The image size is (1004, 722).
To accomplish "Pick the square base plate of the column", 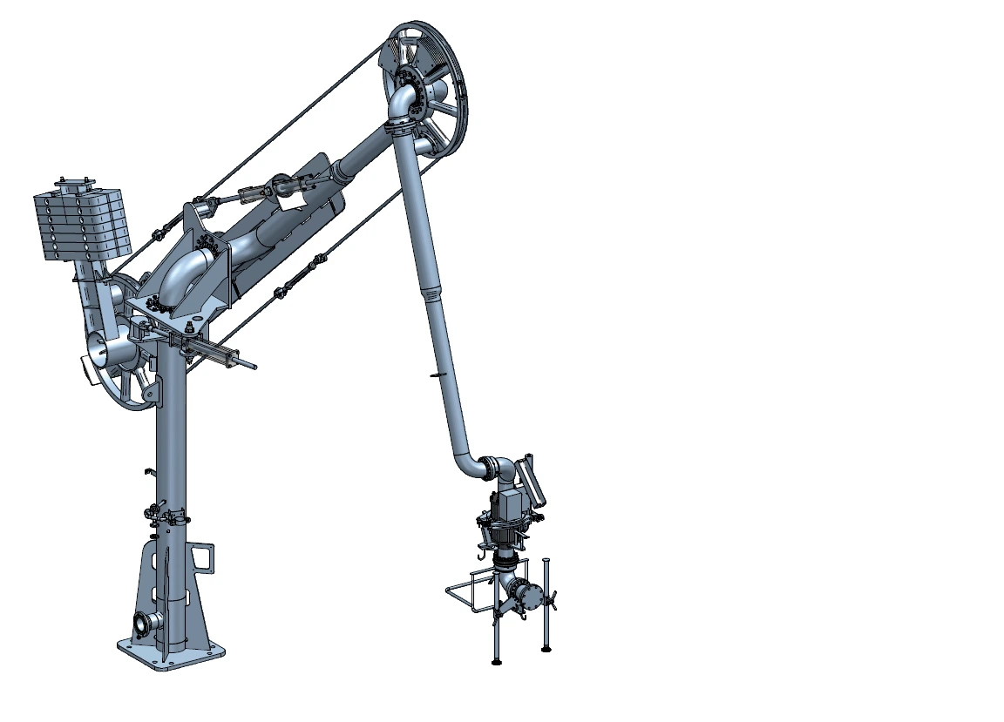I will click(170, 653).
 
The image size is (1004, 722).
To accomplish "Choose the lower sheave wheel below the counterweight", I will click(122, 357).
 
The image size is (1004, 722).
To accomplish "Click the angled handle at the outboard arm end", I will click(531, 477).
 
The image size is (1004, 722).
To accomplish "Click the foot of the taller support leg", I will click(546, 648).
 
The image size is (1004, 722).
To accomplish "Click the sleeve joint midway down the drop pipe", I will click(430, 292).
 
